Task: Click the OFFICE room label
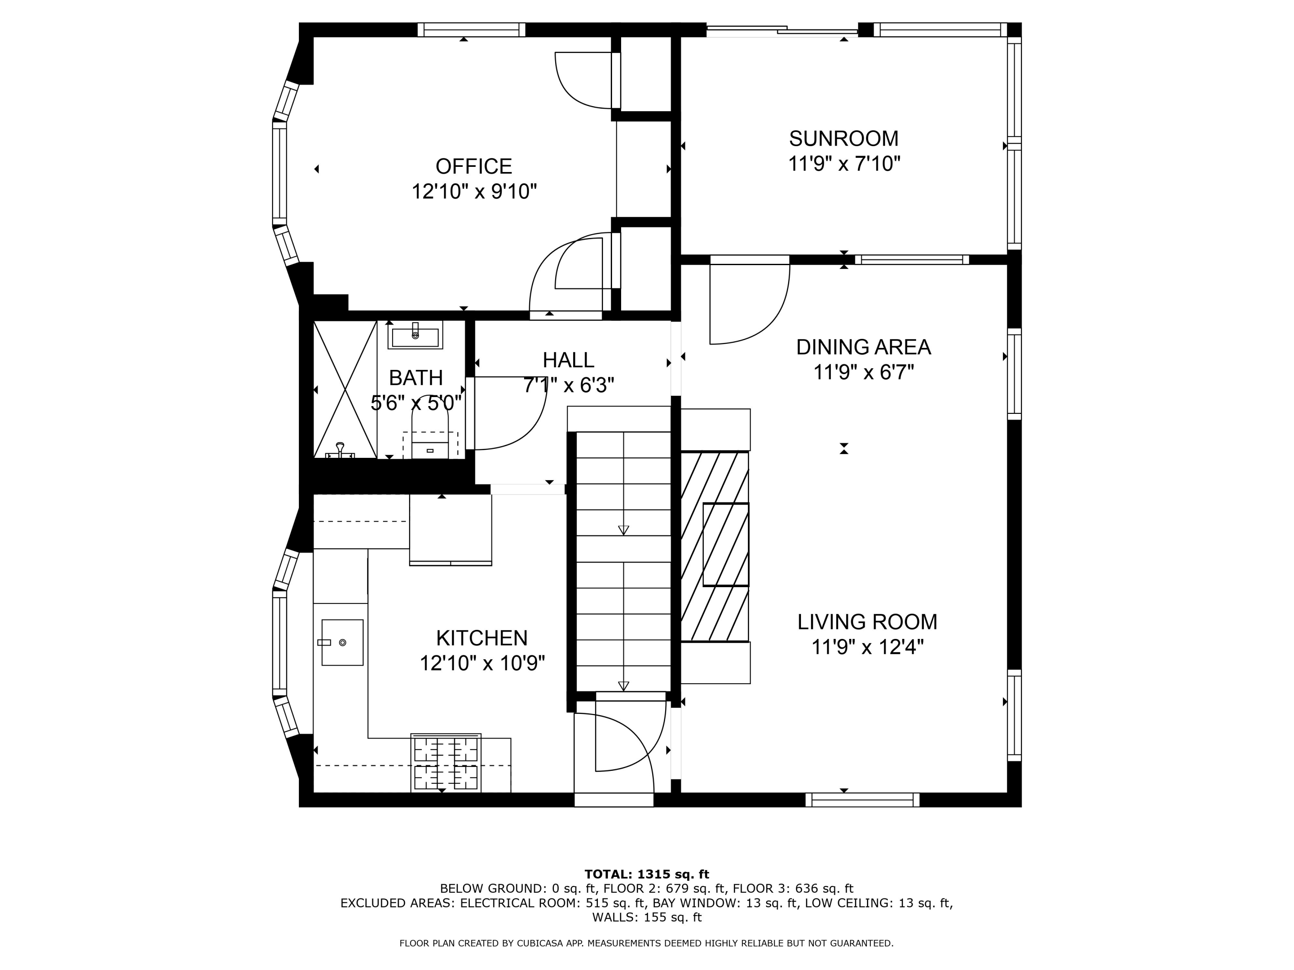pos(474,167)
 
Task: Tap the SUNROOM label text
pos(844,138)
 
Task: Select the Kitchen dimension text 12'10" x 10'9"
pos(482,663)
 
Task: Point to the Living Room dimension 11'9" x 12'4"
pos(867,647)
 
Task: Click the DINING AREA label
pos(864,347)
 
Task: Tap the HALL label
pos(568,360)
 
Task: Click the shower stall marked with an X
pos(345,389)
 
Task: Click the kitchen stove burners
pos(446,763)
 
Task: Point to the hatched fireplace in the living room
pos(715,546)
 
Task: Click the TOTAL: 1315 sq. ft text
pos(647,874)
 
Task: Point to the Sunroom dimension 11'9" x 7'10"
pos(844,164)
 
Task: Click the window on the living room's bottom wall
pos(862,800)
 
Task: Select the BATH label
pos(416,378)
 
